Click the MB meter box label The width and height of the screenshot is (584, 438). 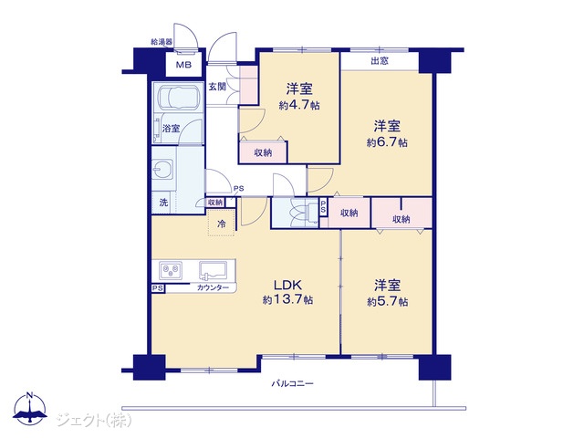183,65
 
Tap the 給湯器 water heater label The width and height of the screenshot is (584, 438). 162,42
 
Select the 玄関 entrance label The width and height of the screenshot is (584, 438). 217,88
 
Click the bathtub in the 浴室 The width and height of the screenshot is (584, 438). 178,99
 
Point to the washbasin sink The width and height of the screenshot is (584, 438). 163,171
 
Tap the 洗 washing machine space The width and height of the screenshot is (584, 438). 163,203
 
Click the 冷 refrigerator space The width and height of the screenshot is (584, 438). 221,224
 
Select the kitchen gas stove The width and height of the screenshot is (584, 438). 171,270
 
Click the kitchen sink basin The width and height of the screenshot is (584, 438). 213,270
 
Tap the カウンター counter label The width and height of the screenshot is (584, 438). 213,287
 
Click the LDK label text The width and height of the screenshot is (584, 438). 287,286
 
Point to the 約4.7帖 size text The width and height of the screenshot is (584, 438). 299,106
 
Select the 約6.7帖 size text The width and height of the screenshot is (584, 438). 387,142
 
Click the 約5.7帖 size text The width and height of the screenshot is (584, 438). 387,301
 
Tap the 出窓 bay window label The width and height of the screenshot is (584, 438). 380,61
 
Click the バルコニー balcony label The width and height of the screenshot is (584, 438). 292,383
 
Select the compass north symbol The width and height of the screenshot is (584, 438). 30,408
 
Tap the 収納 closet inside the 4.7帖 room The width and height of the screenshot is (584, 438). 263,152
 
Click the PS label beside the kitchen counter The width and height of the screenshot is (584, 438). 158,288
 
